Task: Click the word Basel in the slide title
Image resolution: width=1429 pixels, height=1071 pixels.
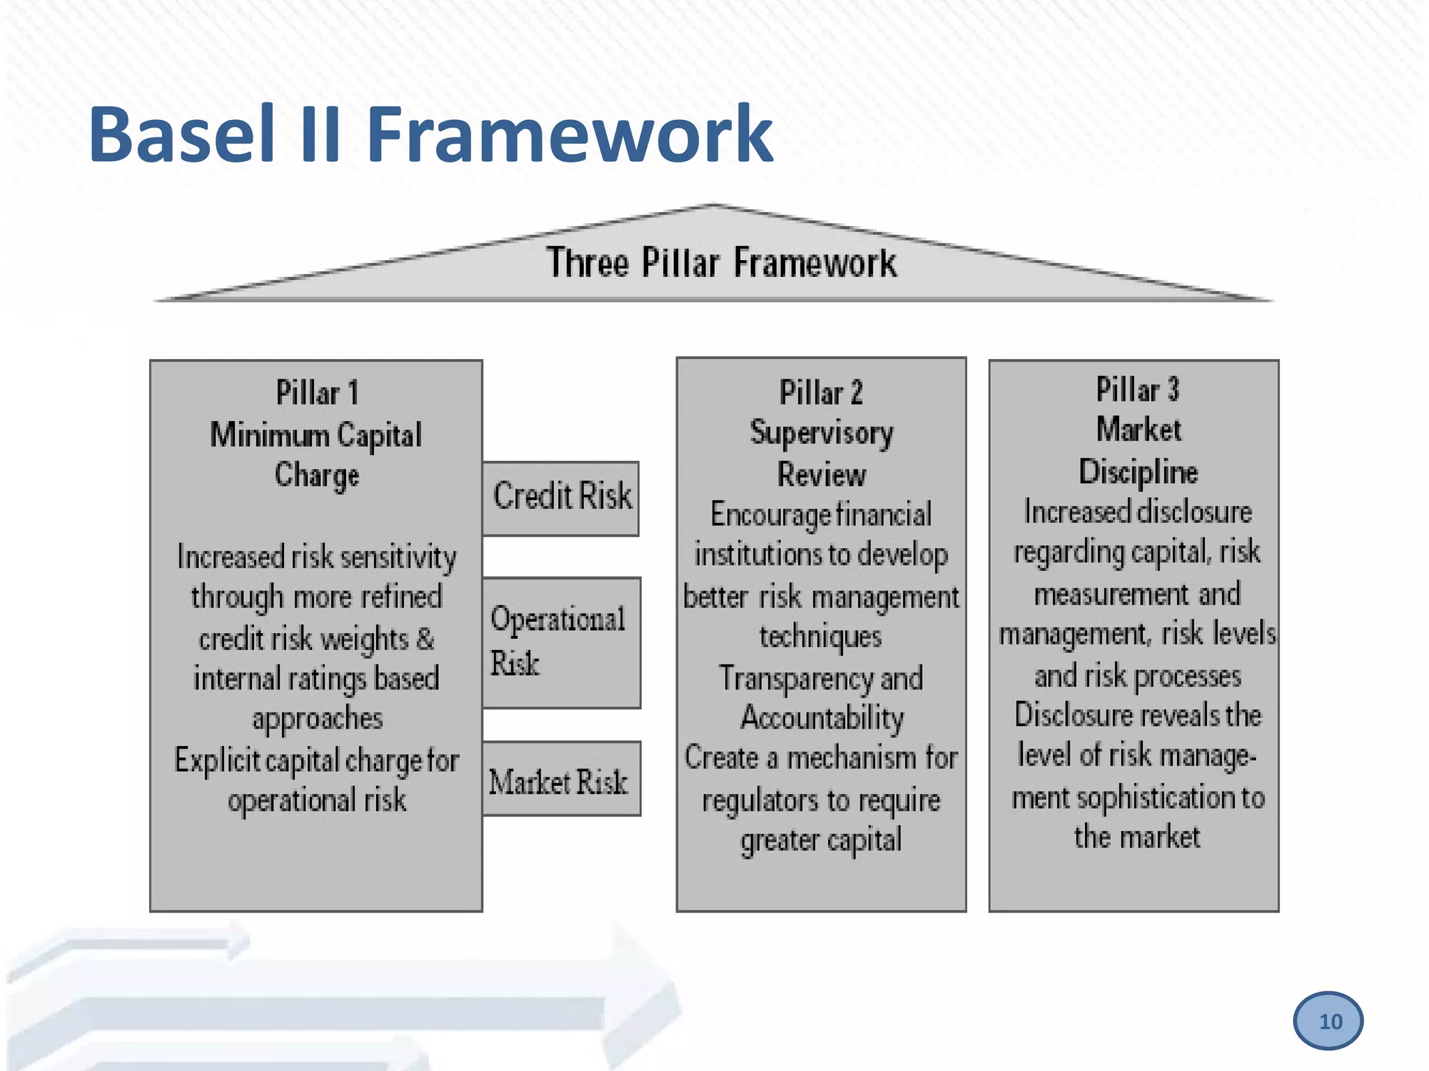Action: (181, 134)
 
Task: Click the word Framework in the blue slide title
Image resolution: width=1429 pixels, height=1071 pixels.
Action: (569, 134)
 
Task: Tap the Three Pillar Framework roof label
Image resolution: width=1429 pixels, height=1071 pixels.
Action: (721, 264)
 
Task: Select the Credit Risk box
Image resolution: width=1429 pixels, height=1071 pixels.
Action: (561, 498)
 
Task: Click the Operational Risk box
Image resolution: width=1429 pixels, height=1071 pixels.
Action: (561, 641)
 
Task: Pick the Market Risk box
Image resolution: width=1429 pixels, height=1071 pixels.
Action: (561, 780)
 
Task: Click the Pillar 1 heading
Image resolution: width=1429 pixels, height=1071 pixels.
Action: (317, 393)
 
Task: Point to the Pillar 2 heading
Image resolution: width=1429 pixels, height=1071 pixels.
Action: (821, 393)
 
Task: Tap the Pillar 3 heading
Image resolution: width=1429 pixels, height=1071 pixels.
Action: (1137, 390)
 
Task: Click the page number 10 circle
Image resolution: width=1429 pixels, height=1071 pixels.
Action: (1328, 1021)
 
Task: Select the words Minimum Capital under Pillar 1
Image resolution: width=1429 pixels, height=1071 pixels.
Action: (316, 435)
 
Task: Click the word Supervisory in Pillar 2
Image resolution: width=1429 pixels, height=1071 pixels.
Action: (821, 434)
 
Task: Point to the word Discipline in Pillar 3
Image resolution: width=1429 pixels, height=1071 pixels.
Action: (1138, 472)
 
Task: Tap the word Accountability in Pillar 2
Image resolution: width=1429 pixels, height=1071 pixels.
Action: (822, 718)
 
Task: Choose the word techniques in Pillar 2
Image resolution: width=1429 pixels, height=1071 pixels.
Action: (821, 637)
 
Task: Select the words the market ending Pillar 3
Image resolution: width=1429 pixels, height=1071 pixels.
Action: (1137, 837)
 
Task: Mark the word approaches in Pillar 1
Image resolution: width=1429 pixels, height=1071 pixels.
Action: (317, 719)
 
